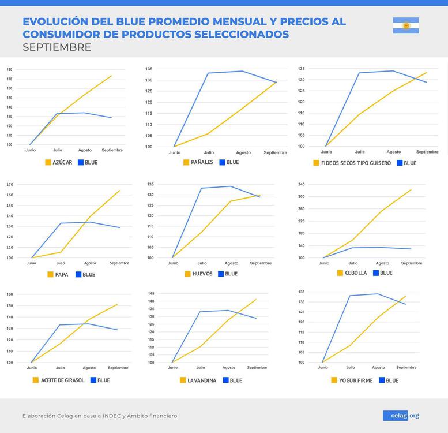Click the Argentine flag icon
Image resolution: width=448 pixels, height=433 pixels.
[406, 25]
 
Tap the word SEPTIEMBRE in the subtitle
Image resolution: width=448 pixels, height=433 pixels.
[57, 47]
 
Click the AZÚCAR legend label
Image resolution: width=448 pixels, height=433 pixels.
[62, 162]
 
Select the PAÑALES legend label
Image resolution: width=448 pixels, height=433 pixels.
[202, 162]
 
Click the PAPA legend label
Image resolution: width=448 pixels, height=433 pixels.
[61, 274]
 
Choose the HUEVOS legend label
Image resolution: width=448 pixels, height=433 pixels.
[202, 274]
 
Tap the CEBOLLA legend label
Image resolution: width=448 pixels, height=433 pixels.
[356, 273]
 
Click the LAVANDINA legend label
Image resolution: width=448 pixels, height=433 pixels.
[202, 380]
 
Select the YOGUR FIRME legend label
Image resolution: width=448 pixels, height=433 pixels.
[356, 380]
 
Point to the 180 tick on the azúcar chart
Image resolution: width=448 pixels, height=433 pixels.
[9, 69]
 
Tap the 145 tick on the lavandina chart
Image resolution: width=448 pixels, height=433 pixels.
[151, 293]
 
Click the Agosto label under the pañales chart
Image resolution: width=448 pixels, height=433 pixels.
[243, 153]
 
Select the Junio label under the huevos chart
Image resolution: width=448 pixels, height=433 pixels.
[173, 263]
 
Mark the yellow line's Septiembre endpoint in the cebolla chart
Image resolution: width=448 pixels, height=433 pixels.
[411, 189]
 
